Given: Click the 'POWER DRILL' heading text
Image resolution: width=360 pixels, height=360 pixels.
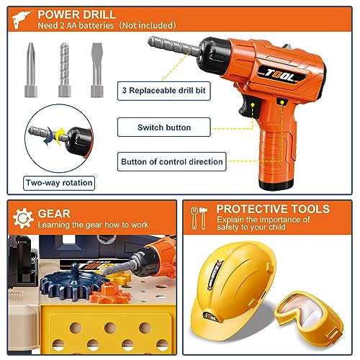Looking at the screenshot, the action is point(77,15).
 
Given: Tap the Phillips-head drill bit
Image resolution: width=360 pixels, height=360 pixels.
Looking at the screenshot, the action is point(31,70).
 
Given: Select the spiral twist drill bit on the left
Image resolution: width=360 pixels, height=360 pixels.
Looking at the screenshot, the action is point(65,70).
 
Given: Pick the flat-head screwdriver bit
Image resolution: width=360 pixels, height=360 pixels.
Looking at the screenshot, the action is point(97,70).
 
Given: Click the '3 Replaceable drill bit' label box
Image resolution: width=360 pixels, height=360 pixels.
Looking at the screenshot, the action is point(164,91).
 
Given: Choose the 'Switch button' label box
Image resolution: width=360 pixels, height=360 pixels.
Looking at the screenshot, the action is point(164,127).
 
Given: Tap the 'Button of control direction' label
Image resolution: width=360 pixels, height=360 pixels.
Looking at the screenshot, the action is point(172,161).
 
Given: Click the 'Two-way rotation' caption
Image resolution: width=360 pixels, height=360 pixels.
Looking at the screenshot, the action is point(59,183).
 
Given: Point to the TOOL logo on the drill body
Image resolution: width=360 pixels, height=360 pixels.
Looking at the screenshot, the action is point(282,76).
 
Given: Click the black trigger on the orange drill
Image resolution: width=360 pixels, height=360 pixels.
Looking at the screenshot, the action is point(250,107).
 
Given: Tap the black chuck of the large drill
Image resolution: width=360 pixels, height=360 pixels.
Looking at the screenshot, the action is point(213,55).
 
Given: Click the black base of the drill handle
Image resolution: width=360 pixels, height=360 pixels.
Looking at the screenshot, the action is point(276,184).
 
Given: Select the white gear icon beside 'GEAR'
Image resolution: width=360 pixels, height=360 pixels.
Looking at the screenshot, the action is point(23,218).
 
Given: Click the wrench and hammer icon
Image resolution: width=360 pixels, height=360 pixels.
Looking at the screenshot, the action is point(199,218).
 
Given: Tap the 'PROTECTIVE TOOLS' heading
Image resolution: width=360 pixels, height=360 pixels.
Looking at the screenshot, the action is point(273,209).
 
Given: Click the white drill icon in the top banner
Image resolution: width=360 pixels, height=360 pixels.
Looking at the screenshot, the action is point(22,19).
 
